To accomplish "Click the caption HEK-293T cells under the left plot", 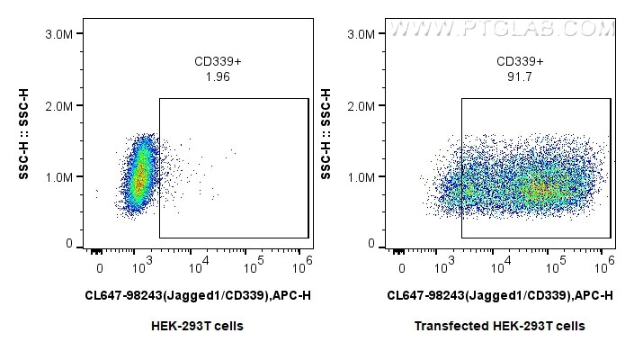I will [198, 326].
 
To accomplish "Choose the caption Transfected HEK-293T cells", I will [500, 326].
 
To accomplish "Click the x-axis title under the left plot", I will [198, 295].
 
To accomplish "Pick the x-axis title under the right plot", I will [500, 295].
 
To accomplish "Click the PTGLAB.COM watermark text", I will [501, 28].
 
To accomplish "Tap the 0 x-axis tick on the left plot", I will [100, 268].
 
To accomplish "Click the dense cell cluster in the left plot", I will [139, 175].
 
